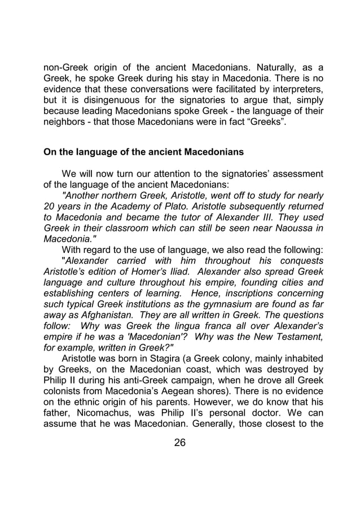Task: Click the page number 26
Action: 180,442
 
